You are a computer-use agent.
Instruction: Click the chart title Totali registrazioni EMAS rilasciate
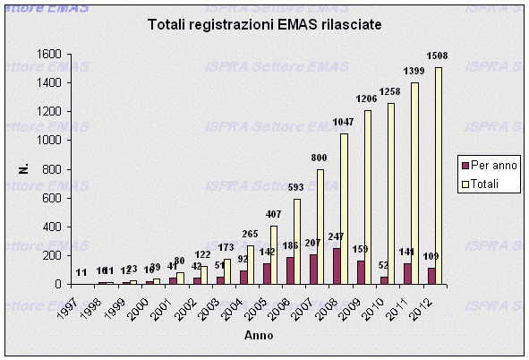click(x=264, y=26)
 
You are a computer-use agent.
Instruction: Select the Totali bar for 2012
click(x=438, y=176)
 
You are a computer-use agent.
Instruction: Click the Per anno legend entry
click(x=490, y=166)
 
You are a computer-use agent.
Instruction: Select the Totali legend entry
click(x=486, y=184)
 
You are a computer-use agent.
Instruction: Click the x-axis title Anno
click(x=260, y=336)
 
